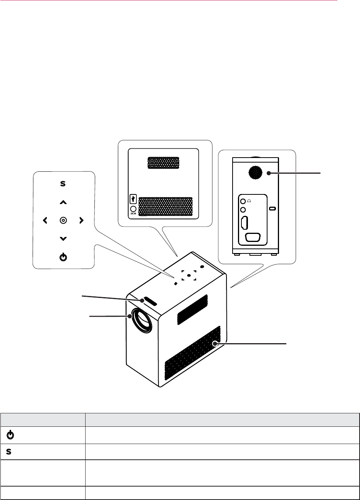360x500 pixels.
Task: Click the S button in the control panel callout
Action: [63, 184]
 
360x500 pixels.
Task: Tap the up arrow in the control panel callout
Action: [63, 202]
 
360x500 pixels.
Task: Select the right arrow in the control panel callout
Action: [81, 220]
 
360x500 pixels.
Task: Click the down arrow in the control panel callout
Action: [63, 239]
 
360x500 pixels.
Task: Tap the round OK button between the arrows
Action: [63, 220]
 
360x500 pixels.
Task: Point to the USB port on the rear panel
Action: [134, 199]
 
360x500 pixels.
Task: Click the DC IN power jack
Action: [134, 210]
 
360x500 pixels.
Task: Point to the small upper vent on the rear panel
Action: [163, 163]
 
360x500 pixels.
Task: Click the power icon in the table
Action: [11, 435]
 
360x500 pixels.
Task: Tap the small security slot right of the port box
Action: [272, 209]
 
